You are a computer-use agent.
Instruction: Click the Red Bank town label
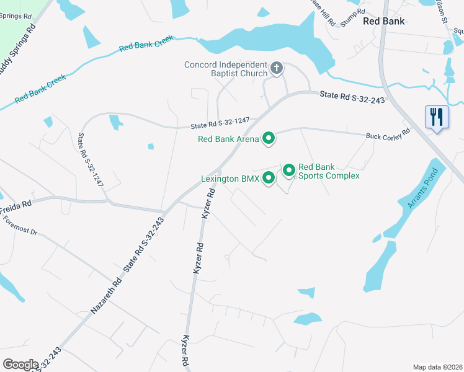point(383,21)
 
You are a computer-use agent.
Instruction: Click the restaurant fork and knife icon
point(437,116)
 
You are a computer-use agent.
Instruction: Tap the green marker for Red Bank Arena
point(269,138)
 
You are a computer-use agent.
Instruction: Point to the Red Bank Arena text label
point(228,139)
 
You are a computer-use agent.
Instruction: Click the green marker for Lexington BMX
point(269,178)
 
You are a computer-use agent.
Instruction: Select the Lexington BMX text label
point(230,179)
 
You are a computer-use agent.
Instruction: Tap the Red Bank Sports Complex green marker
point(288,169)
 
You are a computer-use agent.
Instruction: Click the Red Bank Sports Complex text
point(329,171)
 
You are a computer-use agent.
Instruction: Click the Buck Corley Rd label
point(388,133)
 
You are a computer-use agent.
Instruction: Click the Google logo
point(21,365)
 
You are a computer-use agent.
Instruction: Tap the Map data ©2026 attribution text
point(437,367)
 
